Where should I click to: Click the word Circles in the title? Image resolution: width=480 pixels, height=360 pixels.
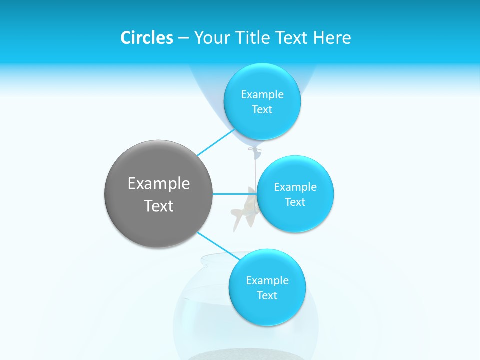click(x=146, y=38)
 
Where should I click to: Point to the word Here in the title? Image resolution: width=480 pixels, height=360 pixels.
click(x=332, y=38)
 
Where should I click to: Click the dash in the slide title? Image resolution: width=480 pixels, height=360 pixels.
click(x=183, y=38)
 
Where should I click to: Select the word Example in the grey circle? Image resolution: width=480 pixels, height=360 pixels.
click(x=158, y=184)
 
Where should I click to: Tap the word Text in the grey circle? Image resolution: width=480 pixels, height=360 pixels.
click(x=158, y=206)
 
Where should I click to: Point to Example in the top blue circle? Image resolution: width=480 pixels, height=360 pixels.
click(x=262, y=95)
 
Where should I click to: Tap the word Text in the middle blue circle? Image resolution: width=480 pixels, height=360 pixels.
click(x=295, y=202)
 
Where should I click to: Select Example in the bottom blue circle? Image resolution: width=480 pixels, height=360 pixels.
click(x=267, y=281)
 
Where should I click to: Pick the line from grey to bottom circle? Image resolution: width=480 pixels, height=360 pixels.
click(x=219, y=245)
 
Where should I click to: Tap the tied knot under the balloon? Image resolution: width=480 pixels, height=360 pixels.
click(x=255, y=149)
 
